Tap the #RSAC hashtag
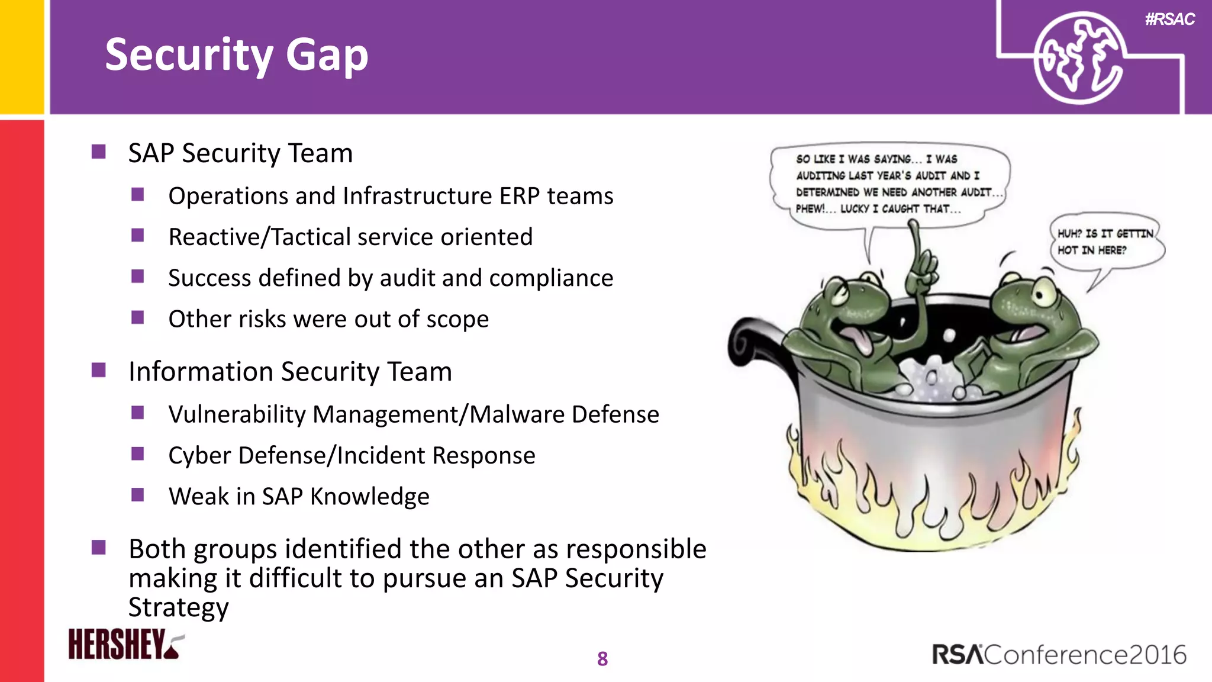pyautogui.click(x=1169, y=20)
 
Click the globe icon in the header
pyautogui.click(x=1078, y=58)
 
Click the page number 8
pyautogui.click(x=602, y=658)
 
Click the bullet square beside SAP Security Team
pyautogui.click(x=99, y=152)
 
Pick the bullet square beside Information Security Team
pyautogui.click(x=99, y=371)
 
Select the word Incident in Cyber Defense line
pyautogui.click(x=382, y=455)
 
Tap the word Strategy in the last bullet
pyautogui.click(x=178, y=607)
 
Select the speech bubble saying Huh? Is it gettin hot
pyautogui.click(x=1104, y=243)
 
